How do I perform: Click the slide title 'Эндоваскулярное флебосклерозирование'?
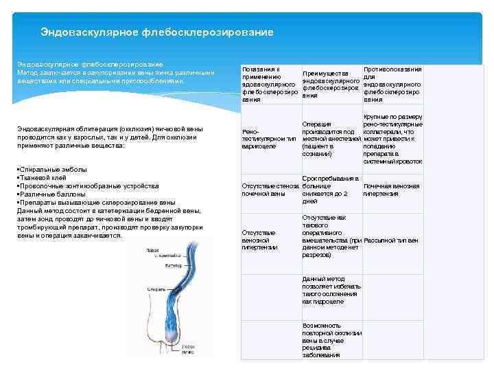tap(156, 32)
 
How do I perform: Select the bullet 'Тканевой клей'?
tap(40, 177)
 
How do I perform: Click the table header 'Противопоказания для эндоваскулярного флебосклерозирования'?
tap(392, 85)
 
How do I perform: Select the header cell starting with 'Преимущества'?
tap(331, 85)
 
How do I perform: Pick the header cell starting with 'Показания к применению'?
tap(270, 85)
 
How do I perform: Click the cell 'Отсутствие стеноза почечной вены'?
tap(270, 190)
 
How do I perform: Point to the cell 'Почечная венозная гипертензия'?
tap(391, 190)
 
